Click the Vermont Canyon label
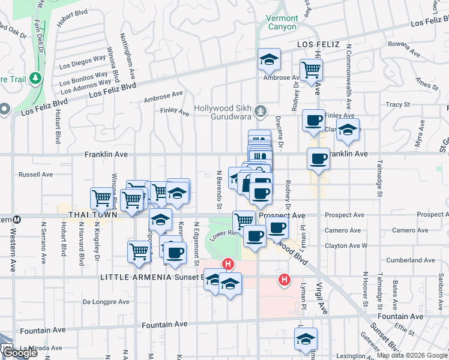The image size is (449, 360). pyautogui.click(x=282, y=23)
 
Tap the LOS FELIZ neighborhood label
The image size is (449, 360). pyautogui.click(x=318, y=45)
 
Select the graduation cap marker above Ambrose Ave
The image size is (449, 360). pyautogui.click(x=269, y=59)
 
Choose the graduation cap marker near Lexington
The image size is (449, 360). pyautogui.click(x=306, y=339)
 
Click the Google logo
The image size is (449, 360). pyautogui.click(x=20, y=353)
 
